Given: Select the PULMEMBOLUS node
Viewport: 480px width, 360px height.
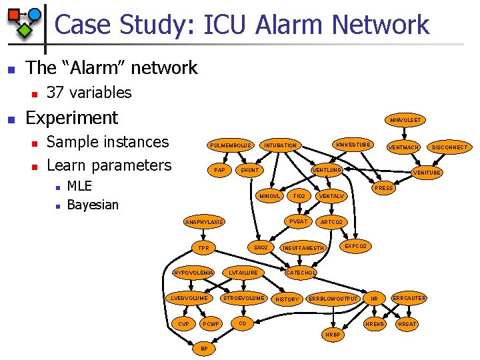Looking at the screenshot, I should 229,145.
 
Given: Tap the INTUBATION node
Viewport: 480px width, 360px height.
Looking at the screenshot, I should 281,145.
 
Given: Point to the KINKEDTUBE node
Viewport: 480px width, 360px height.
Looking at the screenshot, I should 354,145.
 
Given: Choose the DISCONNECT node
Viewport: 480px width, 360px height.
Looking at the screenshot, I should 449,147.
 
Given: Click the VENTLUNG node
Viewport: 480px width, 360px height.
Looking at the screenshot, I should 328,170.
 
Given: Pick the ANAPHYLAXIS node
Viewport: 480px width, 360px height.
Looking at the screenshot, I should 205,222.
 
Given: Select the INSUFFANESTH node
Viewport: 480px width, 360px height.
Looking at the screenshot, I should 303,248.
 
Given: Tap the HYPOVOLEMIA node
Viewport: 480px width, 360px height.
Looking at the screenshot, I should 193,272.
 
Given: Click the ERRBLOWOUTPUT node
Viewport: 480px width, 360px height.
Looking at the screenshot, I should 334,299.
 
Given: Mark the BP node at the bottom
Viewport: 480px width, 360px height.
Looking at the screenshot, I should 204,348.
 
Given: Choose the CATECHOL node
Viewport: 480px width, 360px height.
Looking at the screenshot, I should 301,272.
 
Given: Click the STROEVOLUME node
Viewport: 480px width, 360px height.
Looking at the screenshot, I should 243,297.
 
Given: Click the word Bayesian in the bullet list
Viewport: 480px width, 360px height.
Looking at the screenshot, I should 93,205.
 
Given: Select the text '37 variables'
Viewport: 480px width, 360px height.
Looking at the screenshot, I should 89,93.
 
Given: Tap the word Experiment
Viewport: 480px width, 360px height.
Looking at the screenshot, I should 71,117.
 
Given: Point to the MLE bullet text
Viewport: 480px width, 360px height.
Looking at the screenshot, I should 79,186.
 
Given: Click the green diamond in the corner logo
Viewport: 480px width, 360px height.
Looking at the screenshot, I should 24,29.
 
